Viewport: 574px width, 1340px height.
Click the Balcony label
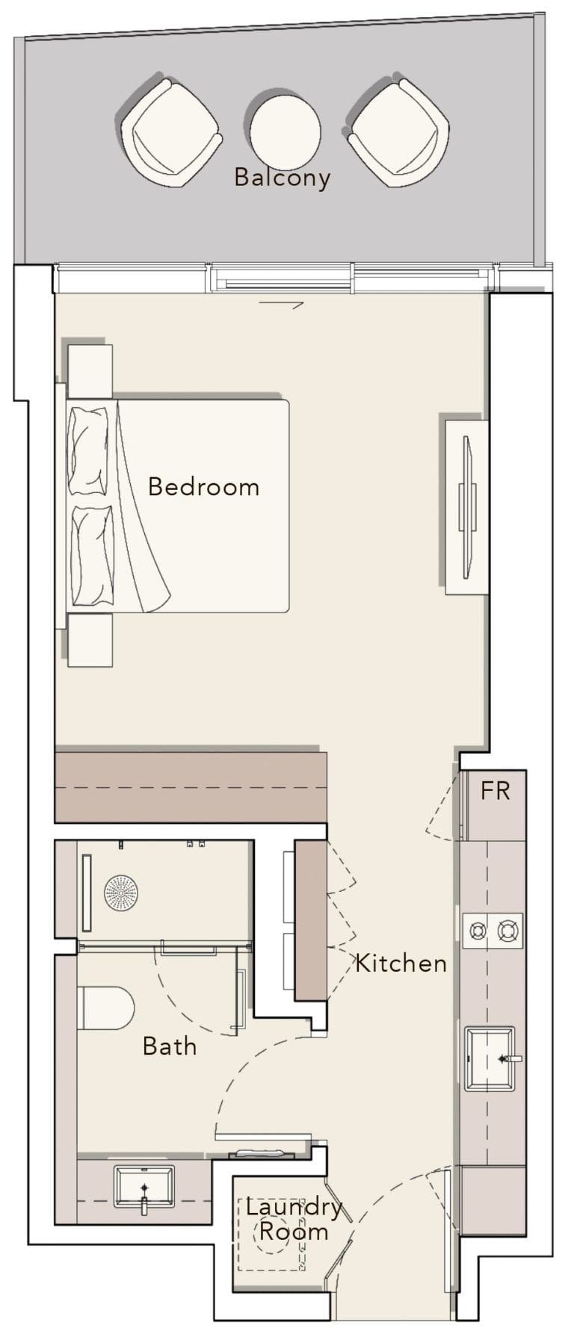(282, 178)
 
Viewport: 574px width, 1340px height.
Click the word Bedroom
(203, 487)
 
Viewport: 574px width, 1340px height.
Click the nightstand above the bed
(90, 370)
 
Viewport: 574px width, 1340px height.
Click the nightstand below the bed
(90, 639)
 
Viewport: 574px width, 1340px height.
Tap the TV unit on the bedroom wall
(467, 507)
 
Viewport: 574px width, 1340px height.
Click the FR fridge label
(495, 791)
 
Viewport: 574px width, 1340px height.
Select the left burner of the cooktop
(477, 931)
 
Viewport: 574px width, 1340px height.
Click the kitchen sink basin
(489, 1058)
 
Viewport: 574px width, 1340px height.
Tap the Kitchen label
(401, 964)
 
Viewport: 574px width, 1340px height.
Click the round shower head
(120, 892)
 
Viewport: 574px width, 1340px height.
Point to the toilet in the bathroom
(105, 1008)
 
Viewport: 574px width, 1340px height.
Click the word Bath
(170, 1046)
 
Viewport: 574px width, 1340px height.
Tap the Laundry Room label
(293, 1219)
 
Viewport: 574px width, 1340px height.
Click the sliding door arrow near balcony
(282, 304)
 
